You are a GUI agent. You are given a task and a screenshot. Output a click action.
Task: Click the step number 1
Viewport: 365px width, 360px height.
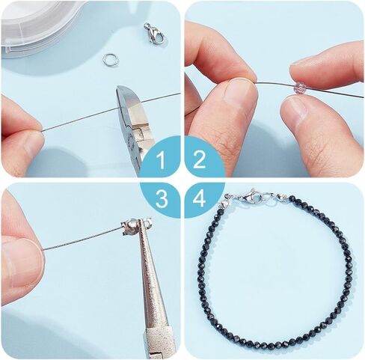(x=162, y=160)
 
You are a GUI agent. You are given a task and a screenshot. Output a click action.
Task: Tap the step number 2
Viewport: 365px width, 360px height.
(x=199, y=159)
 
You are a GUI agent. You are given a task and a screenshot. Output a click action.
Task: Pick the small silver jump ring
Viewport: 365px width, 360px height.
(x=109, y=60)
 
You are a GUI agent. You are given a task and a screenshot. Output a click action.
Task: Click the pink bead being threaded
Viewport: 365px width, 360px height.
(x=298, y=88)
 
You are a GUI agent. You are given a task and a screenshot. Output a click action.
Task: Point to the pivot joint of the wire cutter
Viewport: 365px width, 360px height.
(x=136, y=133)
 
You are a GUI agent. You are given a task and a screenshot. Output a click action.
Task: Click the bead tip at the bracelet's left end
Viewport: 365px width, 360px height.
(x=223, y=205)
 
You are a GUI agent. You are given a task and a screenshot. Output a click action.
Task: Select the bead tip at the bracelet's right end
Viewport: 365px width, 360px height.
(x=281, y=197)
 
